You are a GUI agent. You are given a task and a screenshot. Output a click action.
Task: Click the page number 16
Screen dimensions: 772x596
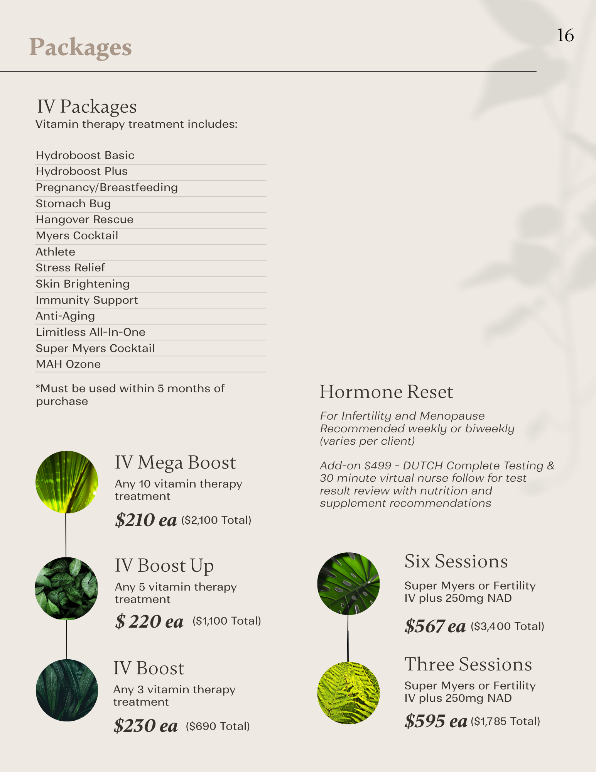tap(565, 36)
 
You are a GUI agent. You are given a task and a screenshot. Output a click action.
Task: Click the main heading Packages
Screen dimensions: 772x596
tap(81, 47)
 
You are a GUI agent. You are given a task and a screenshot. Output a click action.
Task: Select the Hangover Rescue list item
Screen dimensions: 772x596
tap(84, 220)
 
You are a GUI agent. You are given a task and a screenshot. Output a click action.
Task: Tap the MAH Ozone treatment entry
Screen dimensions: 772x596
tap(68, 364)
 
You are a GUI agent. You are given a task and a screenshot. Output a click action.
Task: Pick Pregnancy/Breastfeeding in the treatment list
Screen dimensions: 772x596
tap(107, 188)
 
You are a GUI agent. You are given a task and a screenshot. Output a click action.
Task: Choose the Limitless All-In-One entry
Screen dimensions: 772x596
tap(91, 332)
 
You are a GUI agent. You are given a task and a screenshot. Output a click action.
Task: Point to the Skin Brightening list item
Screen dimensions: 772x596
tap(83, 284)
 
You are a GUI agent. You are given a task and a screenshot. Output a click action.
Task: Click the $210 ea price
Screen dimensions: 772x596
tap(146, 520)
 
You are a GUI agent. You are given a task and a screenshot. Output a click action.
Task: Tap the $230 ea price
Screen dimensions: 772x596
tap(145, 726)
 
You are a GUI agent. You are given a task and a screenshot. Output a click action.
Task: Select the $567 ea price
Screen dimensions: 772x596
tap(435, 626)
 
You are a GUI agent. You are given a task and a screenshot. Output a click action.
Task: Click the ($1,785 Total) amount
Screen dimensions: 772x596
tap(505, 721)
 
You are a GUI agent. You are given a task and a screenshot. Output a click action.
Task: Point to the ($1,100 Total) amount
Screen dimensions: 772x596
tap(227, 621)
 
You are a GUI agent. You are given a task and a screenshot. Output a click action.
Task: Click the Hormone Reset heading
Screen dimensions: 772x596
tap(386, 392)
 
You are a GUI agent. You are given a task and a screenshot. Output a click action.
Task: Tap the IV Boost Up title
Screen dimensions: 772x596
tap(164, 566)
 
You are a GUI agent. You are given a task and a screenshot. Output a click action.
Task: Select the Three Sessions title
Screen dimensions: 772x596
tap(468, 664)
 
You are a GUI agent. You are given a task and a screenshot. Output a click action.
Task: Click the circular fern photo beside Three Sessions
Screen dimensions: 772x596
tap(348, 693)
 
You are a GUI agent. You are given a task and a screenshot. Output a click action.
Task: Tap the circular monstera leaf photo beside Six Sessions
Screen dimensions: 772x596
tap(348, 583)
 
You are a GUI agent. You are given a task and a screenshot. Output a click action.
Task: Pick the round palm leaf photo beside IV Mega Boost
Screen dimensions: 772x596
tap(67, 482)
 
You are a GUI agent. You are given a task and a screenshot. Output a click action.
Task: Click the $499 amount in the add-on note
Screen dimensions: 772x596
tap(378, 466)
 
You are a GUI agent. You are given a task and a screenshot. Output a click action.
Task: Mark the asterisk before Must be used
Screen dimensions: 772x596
tap(38, 387)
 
